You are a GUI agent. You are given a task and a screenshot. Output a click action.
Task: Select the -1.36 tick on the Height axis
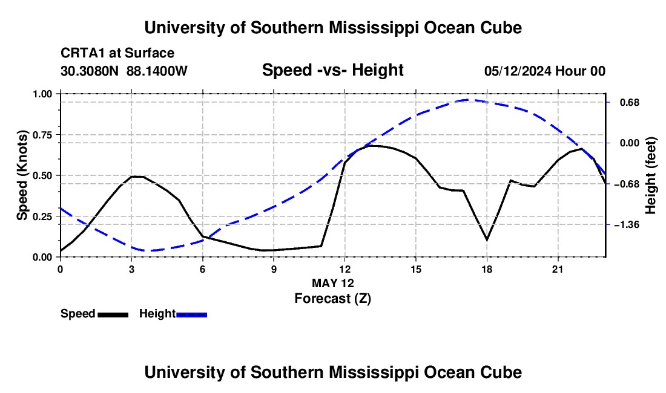pyautogui.click(x=627, y=225)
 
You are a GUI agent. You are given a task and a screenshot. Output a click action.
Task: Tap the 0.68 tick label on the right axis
pyautogui.click(x=630, y=103)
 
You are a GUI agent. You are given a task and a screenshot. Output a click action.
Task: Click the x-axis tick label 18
pyautogui.click(x=487, y=269)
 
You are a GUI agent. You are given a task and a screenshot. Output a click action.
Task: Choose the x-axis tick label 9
pyautogui.click(x=274, y=269)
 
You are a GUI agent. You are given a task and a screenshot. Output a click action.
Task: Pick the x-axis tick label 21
pyautogui.click(x=558, y=269)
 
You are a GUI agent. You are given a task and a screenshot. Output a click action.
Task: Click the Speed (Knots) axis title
pyautogui.click(x=22, y=175)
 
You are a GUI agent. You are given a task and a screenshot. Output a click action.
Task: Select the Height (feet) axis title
pyautogui.click(x=650, y=175)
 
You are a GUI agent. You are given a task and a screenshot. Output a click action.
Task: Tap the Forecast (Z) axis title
pyautogui.click(x=333, y=299)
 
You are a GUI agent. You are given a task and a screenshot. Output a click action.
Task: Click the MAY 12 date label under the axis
pyautogui.click(x=333, y=283)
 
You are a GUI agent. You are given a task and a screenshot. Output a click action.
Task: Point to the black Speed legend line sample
pyautogui.click(x=113, y=314)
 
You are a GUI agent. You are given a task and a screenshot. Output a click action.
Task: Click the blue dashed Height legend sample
pyautogui.click(x=191, y=314)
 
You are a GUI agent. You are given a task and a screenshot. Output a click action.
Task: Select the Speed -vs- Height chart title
pyautogui.click(x=333, y=70)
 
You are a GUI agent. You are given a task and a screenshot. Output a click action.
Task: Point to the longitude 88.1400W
pyautogui.click(x=157, y=71)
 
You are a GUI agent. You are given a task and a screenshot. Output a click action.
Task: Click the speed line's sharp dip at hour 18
pyautogui.click(x=487, y=240)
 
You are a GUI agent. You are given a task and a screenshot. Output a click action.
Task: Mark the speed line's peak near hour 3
pyautogui.click(x=137, y=176)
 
